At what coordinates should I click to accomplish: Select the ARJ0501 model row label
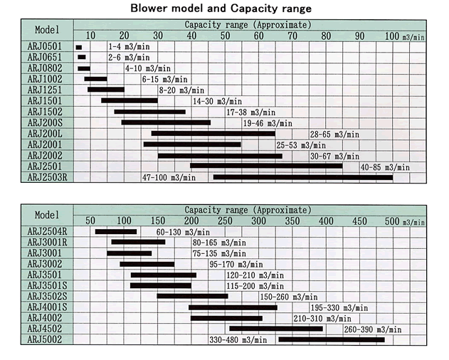click(x=45, y=47)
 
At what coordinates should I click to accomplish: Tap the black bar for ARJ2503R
click(x=303, y=177)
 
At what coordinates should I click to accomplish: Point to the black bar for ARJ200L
click(x=213, y=134)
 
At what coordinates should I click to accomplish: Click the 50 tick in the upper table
click(x=225, y=36)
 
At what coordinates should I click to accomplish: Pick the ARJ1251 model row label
click(x=45, y=90)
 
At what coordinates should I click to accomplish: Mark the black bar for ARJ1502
click(x=149, y=112)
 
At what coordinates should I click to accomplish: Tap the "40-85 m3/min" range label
click(x=385, y=166)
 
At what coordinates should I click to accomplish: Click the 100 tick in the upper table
click(x=392, y=36)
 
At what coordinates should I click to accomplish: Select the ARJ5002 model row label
click(x=45, y=339)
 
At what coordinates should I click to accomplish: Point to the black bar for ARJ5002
click(x=331, y=339)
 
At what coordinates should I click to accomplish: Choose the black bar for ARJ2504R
click(x=116, y=231)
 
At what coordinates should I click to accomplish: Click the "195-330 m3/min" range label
click(x=339, y=307)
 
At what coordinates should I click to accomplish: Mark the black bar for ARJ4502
click(x=275, y=329)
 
